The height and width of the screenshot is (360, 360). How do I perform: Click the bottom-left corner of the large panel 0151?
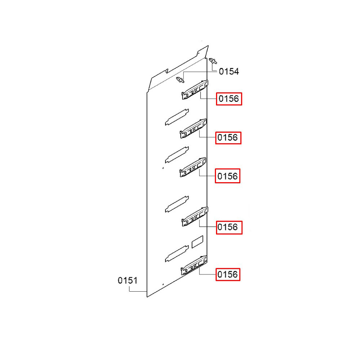pyautogui.click(x=147, y=297)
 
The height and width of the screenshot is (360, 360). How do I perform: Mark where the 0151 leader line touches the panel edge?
pyautogui.click(x=147, y=291)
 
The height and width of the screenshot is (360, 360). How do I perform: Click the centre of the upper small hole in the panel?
pyautogui.click(x=163, y=168)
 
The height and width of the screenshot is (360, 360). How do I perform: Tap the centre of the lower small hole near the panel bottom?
pyautogui.click(x=163, y=284)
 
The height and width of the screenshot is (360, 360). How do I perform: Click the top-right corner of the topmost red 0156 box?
pyautogui.click(x=242, y=93)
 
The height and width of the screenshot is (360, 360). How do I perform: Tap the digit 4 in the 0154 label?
pyautogui.click(x=235, y=71)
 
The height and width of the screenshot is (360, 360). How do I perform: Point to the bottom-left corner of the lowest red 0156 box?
pyautogui.click(x=216, y=280)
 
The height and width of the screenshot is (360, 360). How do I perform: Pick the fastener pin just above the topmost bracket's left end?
pyautogui.click(x=180, y=80)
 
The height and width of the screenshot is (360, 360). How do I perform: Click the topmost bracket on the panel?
pyautogui.click(x=195, y=90)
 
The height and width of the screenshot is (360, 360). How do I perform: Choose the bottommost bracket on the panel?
pyautogui.click(x=194, y=265)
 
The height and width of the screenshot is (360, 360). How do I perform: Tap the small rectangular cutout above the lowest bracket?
pyautogui.click(x=197, y=242)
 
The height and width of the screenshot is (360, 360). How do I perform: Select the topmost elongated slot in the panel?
pyautogui.click(x=177, y=117)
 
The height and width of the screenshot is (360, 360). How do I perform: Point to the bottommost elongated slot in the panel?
pyautogui.click(x=177, y=254)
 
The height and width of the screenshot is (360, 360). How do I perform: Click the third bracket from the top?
pyautogui.click(x=193, y=167)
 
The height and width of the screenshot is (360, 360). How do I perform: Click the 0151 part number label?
pyautogui.click(x=127, y=280)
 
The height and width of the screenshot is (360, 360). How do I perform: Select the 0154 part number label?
pyautogui.click(x=229, y=71)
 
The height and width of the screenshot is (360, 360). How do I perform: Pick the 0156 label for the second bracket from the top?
pyautogui.click(x=228, y=138)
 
